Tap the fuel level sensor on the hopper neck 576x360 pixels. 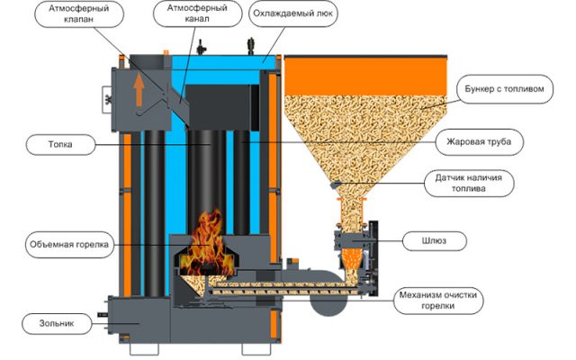[335, 185]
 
